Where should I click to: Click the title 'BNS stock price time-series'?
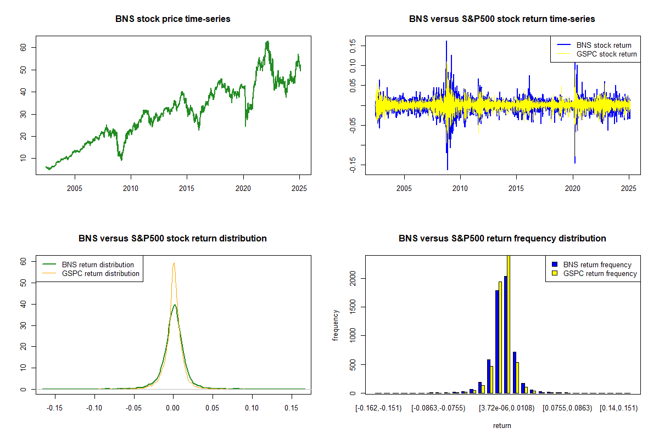[x=173, y=19]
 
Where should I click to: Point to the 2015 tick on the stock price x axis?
[x=187, y=189]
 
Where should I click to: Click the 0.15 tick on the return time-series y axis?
[x=352, y=46]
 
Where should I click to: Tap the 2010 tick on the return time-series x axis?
[x=460, y=189]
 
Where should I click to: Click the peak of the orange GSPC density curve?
[x=174, y=263]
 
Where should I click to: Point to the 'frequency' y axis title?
[x=336, y=325]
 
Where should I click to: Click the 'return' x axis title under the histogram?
[x=502, y=425]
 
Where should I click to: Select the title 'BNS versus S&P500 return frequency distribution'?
[x=502, y=239]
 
